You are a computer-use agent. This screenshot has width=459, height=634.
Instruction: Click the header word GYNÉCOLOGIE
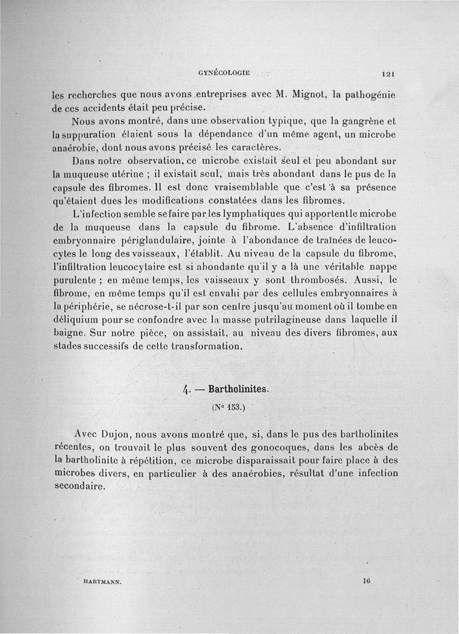click(224, 73)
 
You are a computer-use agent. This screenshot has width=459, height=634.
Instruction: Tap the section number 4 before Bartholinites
click(186, 390)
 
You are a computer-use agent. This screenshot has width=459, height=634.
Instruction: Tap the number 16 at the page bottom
click(367, 581)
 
